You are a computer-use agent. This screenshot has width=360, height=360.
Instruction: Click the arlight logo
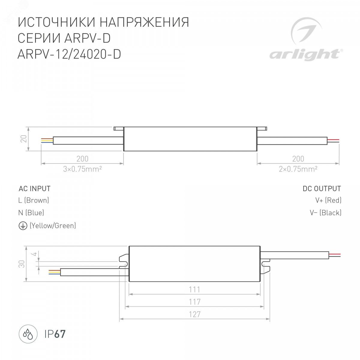point(306,39)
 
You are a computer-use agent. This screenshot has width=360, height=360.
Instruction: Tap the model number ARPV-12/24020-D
point(69,54)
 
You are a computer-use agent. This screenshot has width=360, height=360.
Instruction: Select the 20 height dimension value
point(24,139)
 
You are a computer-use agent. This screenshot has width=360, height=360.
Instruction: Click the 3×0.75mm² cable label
point(82,169)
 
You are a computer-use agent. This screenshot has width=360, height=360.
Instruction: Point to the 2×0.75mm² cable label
point(298,169)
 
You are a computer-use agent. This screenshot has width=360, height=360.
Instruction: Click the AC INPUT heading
point(34,189)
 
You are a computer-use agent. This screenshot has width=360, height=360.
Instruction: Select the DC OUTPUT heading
point(322,189)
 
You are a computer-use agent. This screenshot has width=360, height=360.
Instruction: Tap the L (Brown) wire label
point(34,200)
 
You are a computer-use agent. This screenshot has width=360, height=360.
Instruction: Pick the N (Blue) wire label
point(31,213)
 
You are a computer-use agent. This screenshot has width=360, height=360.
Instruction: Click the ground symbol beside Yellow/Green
point(23,226)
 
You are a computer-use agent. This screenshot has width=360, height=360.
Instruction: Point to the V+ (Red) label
point(328,200)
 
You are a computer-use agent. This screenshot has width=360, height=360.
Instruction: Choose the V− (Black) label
point(325,213)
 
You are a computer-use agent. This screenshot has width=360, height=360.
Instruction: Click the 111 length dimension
point(194,289)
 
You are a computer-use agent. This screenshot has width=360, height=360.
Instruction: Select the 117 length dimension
point(194,302)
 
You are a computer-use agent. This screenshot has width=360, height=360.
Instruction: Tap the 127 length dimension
point(194,314)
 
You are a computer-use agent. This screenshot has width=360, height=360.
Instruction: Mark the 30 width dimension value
point(22,264)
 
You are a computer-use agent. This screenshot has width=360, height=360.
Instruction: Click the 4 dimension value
point(35,254)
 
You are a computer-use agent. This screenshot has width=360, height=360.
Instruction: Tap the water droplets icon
point(28,334)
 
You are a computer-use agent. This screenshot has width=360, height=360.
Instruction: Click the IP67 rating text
point(55,334)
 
